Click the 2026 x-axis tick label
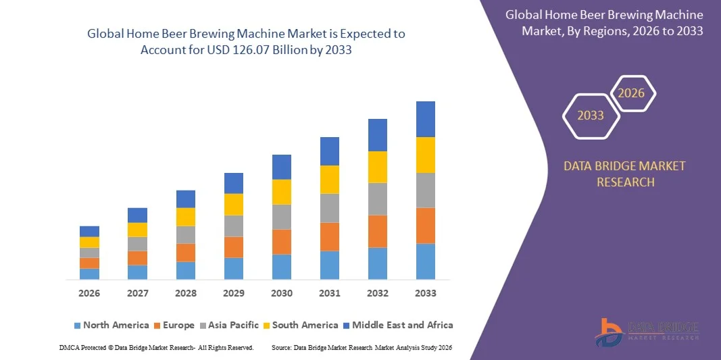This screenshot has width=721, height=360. coord(89,293)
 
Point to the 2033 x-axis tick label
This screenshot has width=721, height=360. coord(426,293)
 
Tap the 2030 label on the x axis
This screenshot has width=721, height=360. coord(282,293)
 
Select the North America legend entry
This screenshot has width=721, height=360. coord(111,325)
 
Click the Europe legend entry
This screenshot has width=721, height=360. coord(174,325)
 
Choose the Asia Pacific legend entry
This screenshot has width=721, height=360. coord(228,325)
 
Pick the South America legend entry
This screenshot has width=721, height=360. coord(301,325)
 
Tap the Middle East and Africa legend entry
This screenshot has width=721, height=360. coord(397,325)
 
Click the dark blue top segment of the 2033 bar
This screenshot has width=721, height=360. coord(426,119)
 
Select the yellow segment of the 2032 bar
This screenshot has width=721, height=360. coord(378,167)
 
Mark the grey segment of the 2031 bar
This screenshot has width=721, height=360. coord(330,208)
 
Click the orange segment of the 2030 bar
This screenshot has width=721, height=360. coord(282,242)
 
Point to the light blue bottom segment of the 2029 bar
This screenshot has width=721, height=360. coord(234,268)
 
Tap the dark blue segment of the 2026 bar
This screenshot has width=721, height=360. coord(89,231)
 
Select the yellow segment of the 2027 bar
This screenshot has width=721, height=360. coord(137,230)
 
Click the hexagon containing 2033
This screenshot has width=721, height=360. coord(591,115)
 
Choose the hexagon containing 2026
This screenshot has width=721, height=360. coord(632,93)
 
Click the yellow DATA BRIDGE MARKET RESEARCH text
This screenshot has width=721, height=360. coord(624,174)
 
